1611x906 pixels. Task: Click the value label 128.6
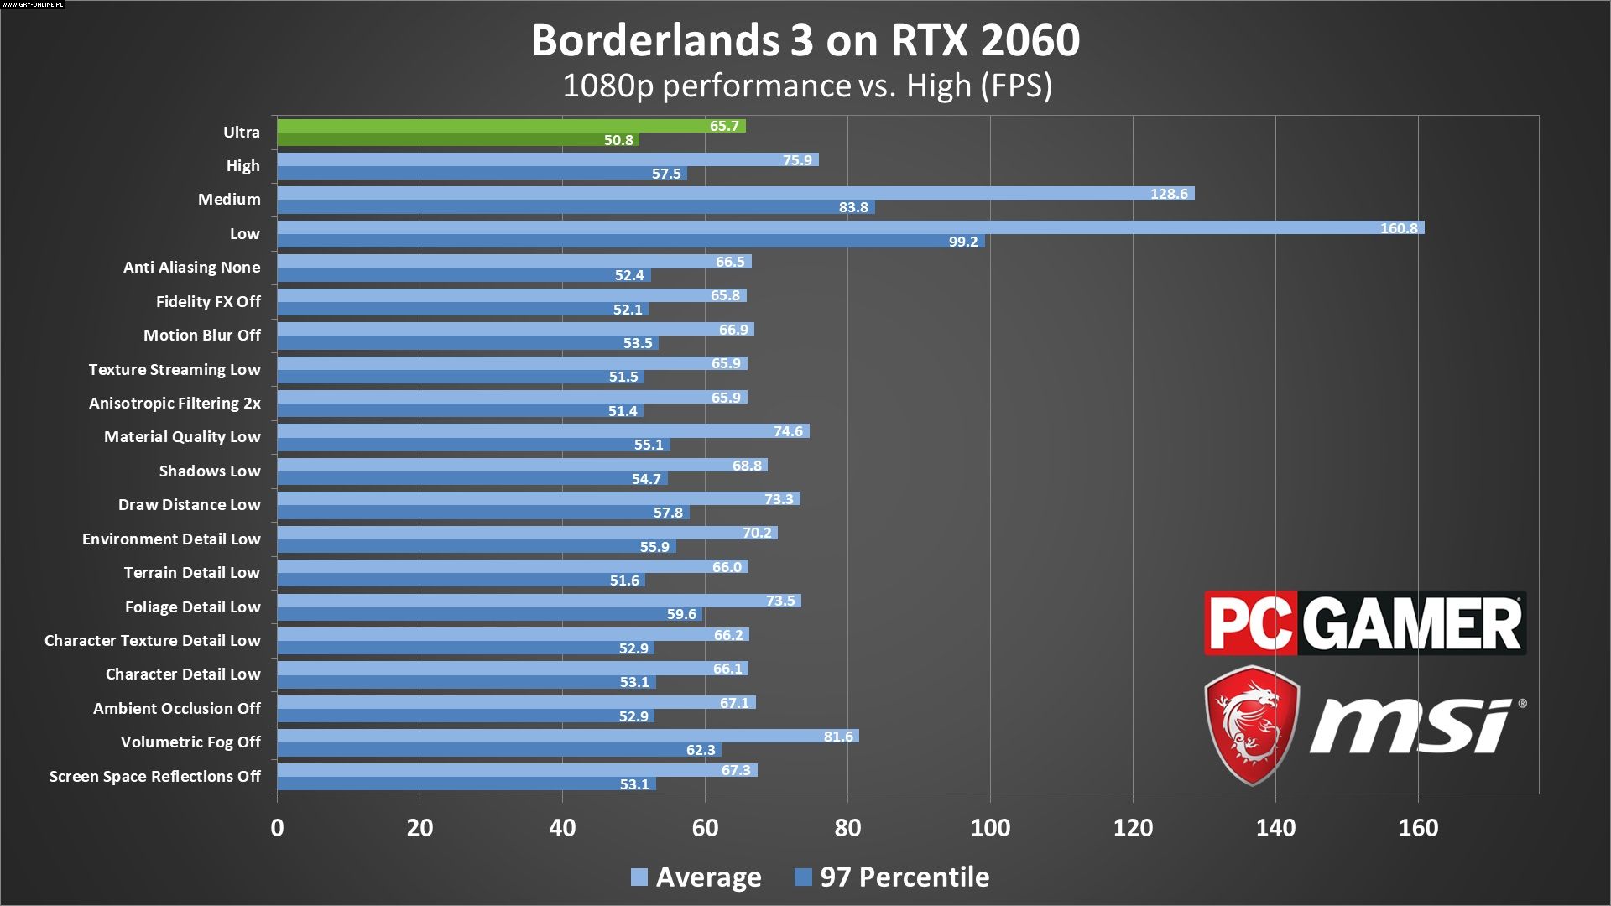[x=1169, y=194]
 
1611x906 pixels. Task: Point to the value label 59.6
[x=681, y=614]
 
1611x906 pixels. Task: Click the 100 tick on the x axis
[x=990, y=828]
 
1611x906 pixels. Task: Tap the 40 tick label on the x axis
[x=562, y=828]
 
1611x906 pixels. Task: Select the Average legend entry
[x=696, y=877]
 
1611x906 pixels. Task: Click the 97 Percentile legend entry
[x=892, y=877]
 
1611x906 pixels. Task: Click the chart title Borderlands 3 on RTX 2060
[x=805, y=40]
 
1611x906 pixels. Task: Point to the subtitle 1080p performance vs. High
[x=806, y=86]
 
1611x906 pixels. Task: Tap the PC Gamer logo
[x=1364, y=623]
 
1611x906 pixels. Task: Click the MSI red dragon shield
[x=1252, y=725]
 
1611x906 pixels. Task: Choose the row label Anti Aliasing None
[x=192, y=267]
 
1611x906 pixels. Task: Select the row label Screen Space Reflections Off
[x=155, y=776]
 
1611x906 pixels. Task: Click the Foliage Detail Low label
[x=193, y=607]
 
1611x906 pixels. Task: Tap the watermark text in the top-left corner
[x=33, y=5]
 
